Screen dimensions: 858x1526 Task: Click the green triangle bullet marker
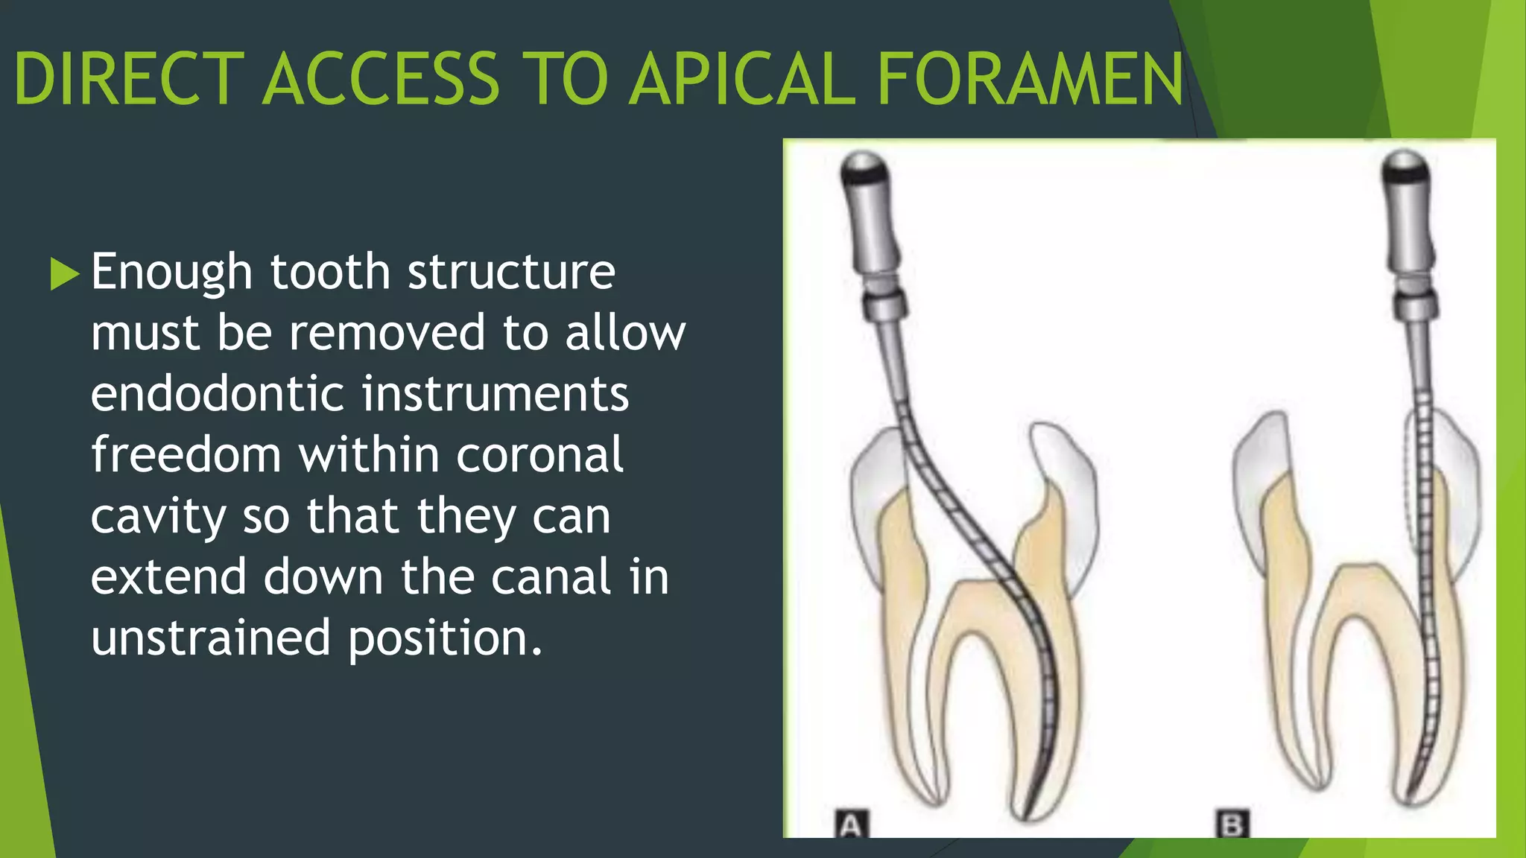64,273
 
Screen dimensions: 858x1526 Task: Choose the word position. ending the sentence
445,639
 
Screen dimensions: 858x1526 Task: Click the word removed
387,332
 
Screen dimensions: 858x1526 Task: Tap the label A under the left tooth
850,824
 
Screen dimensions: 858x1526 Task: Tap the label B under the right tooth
1232,824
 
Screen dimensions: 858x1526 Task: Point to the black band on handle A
864,177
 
